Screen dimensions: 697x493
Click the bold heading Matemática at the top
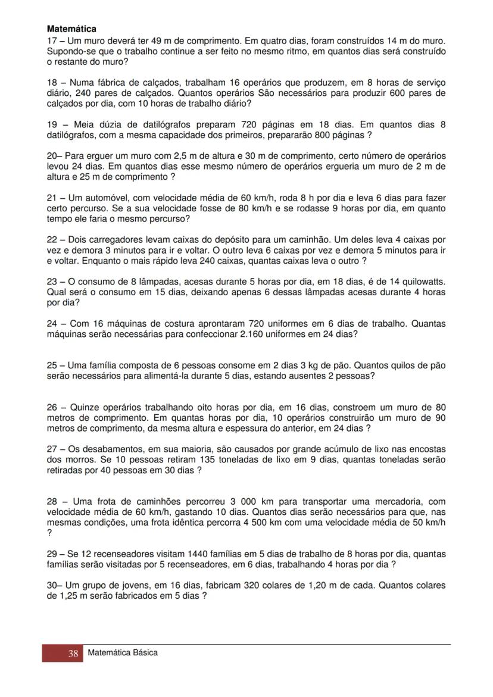(x=71, y=29)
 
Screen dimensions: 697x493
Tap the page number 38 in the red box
(x=73, y=654)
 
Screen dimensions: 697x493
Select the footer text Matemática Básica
(x=123, y=653)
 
